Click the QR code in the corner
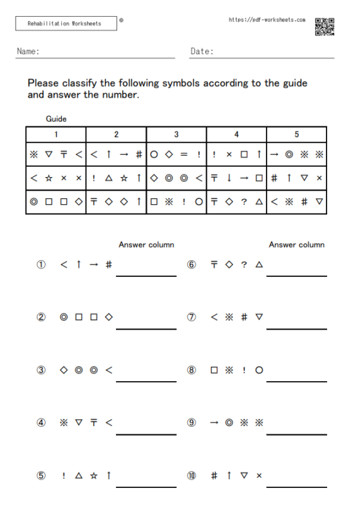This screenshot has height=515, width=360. pos(325,26)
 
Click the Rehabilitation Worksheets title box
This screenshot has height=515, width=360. pos(66,24)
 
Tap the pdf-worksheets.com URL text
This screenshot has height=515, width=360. pos(267,20)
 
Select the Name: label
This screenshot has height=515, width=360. pos(28,51)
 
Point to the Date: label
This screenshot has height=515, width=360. pos(202,51)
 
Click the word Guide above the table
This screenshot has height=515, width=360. pos(56,118)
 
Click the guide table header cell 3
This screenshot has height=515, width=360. pos(176,135)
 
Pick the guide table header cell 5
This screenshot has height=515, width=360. pos(297,135)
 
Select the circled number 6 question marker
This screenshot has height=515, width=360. pos(191,265)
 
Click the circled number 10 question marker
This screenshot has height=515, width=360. pos(191,476)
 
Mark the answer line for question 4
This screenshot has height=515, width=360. pos(146,434)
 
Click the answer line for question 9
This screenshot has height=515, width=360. pos(296,434)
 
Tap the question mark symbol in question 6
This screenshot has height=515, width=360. pos(243,265)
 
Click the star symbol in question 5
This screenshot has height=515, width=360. pos(94,476)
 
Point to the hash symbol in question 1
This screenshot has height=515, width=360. pos(109,265)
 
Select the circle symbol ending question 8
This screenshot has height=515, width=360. pos(259,370)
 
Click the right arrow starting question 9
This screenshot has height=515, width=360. pos(214,423)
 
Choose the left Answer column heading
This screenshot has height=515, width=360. pos(146,245)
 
